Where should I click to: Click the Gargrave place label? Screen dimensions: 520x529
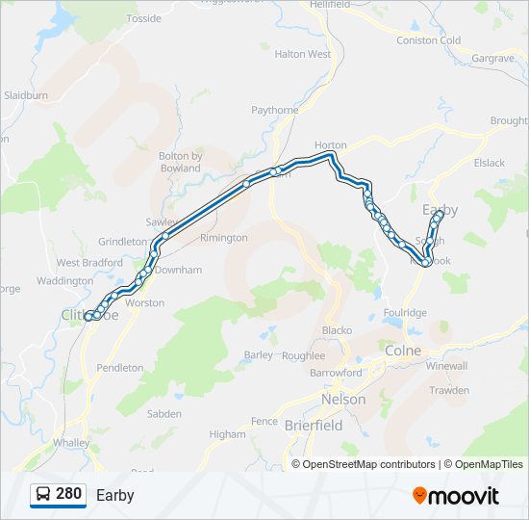click(x=493, y=59)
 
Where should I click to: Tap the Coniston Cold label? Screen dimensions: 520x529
click(x=429, y=40)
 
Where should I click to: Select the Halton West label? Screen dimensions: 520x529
click(x=302, y=55)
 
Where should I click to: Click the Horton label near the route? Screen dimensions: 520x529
click(x=330, y=145)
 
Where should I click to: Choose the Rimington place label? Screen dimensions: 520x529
click(x=223, y=238)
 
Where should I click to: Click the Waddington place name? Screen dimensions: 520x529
click(x=64, y=281)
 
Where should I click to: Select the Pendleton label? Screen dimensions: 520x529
click(x=120, y=368)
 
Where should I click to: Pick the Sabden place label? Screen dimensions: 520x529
click(x=164, y=414)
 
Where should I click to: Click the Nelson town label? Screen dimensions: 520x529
click(x=343, y=399)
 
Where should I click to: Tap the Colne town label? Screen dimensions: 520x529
click(x=403, y=351)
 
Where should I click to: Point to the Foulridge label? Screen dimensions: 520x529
click(x=404, y=313)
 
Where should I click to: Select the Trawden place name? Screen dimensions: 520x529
click(x=449, y=390)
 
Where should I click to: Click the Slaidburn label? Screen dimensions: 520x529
click(x=26, y=96)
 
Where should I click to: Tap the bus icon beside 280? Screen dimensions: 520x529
click(x=43, y=495)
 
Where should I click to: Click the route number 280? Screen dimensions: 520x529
click(x=68, y=494)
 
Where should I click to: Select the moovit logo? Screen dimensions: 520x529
click(x=456, y=496)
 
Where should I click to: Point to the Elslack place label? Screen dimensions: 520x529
click(x=489, y=163)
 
